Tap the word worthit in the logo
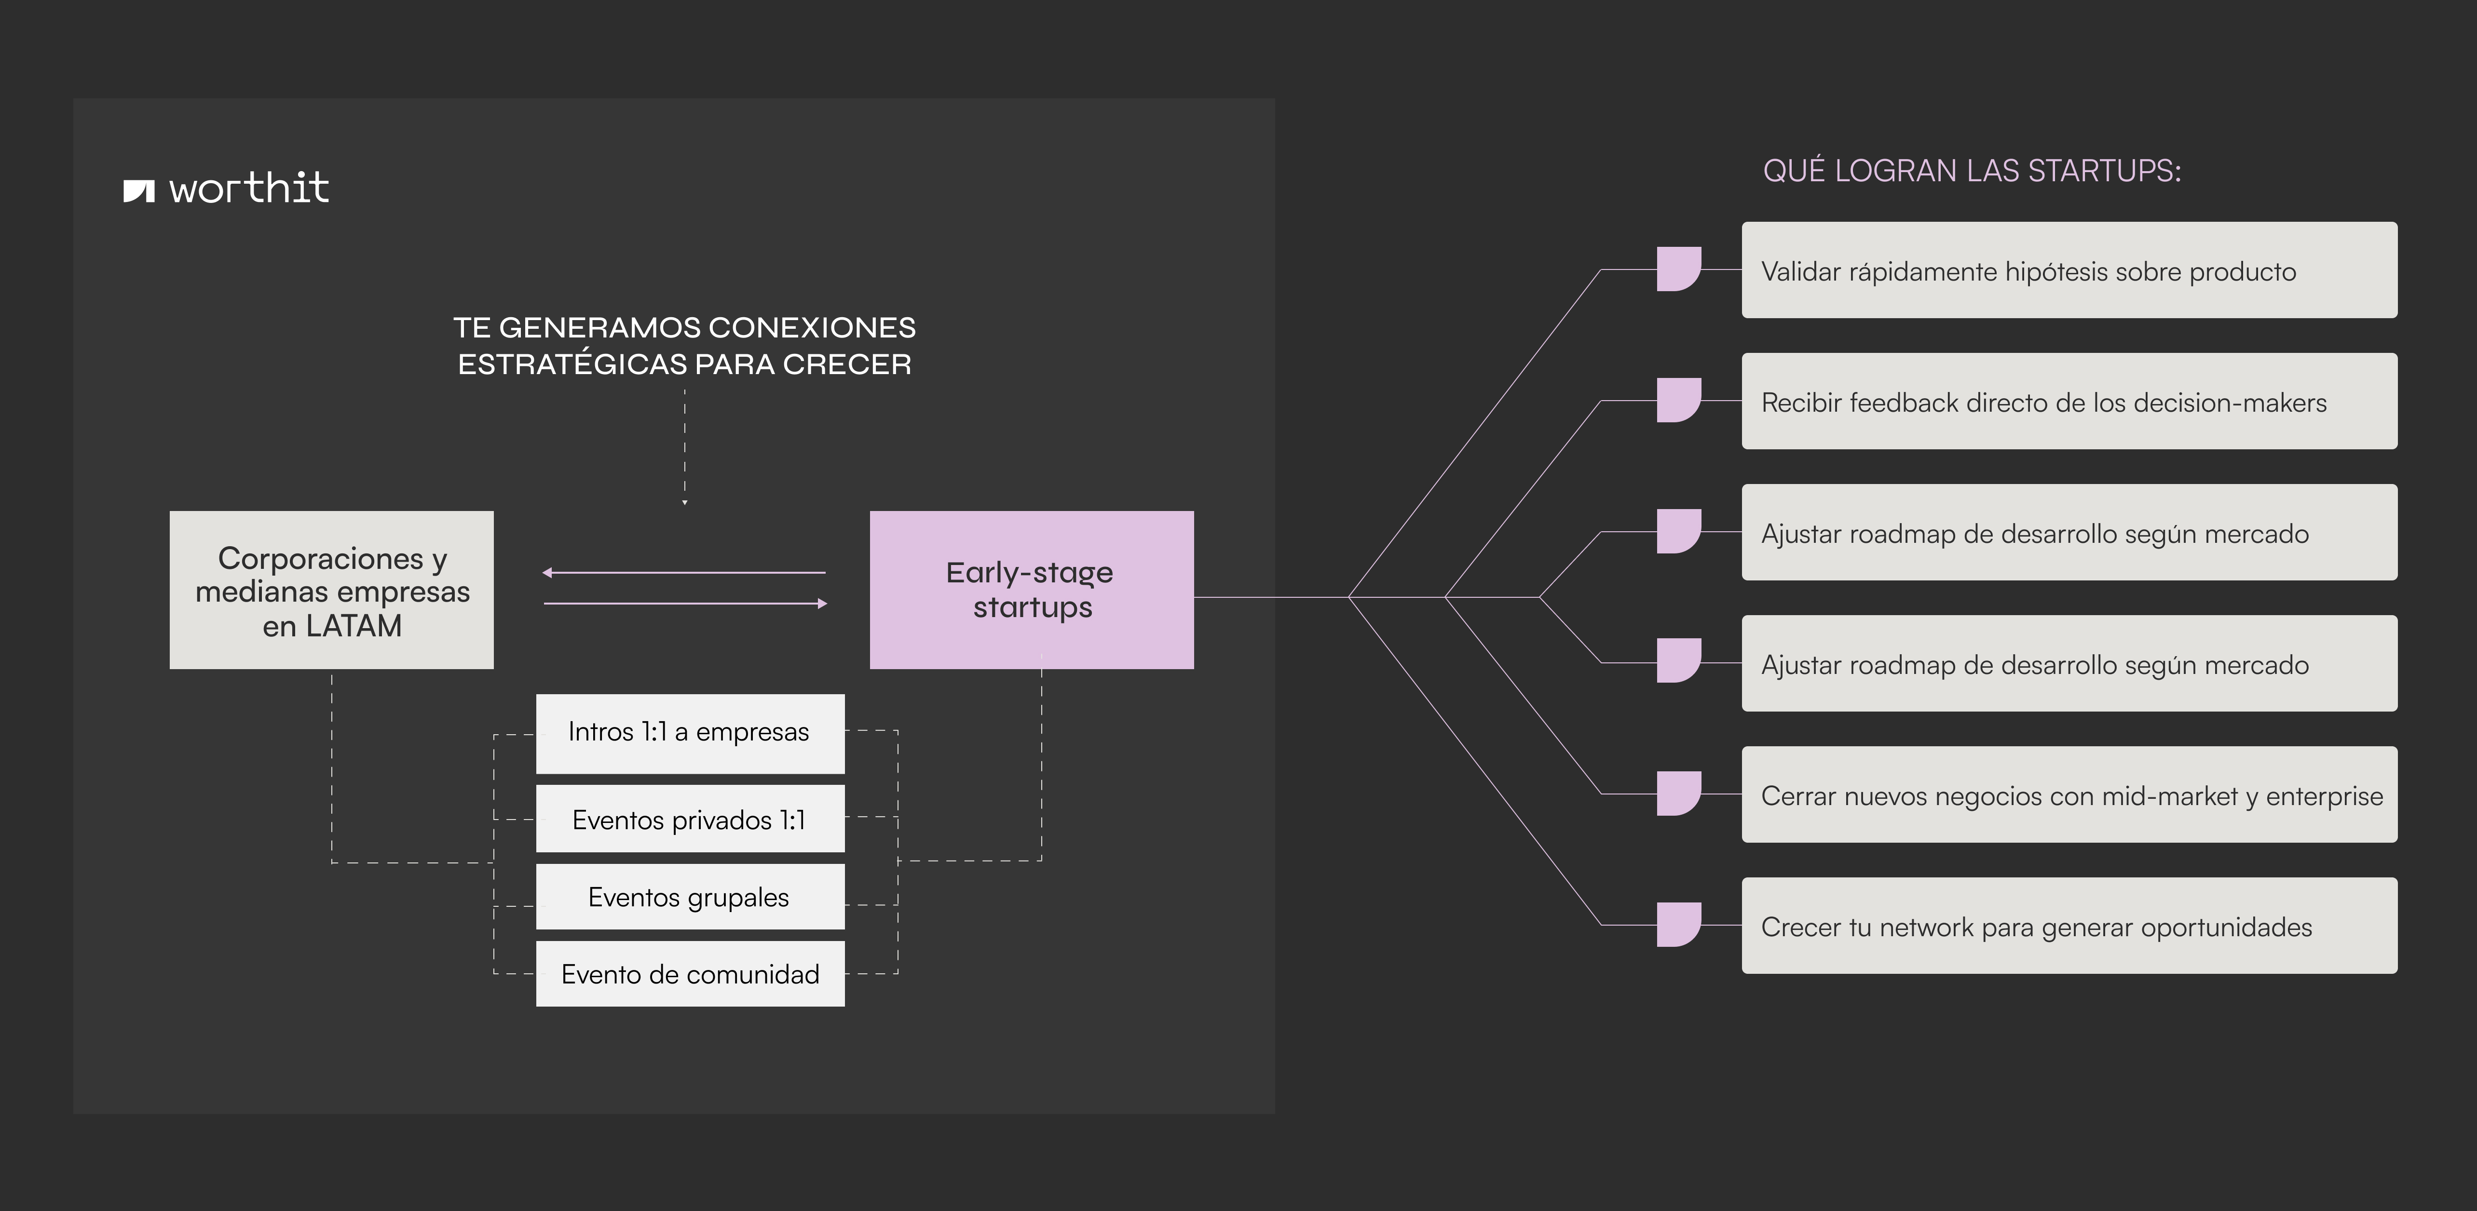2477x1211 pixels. [249, 188]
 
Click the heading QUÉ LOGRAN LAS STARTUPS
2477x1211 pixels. [1971, 171]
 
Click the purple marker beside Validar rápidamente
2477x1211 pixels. [1678, 269]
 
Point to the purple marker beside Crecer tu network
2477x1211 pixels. [1678, 925]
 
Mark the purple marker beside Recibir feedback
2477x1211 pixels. [1678, 400]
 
